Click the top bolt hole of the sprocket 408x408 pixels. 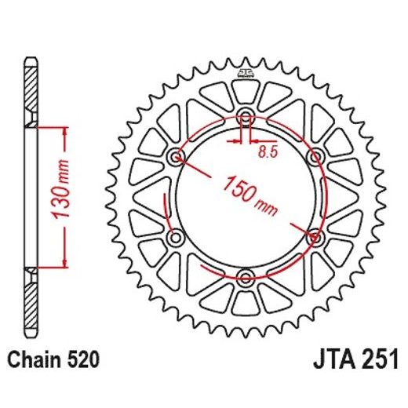point(246,118)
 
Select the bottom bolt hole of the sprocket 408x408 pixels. point(246,277)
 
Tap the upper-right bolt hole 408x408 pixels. point(315,158)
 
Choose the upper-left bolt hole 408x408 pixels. point(177,158)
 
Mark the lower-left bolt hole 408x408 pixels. point(177,237)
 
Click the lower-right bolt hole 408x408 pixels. point(315,237)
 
